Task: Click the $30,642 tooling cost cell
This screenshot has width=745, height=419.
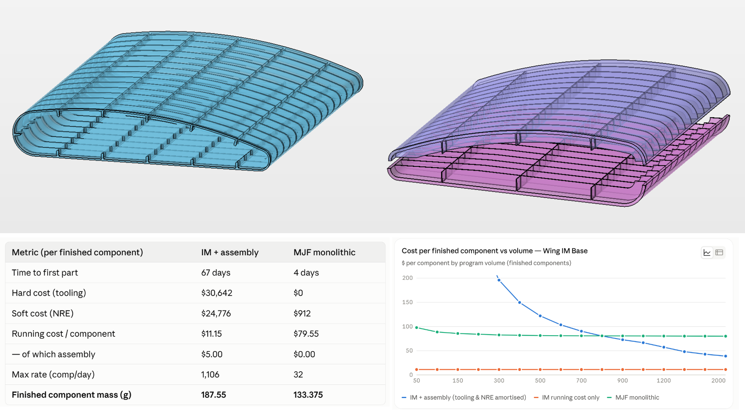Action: tap(217, 293)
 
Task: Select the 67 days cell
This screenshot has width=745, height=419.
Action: tap(216, 273)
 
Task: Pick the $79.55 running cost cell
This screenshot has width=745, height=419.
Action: tap(306, 334)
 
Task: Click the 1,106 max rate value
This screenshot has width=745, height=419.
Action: tap(210, 374)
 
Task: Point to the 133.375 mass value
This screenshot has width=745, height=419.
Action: tap(308, 395)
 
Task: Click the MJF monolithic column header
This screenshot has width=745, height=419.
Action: tap(324, 252)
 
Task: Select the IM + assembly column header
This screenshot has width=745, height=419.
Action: tap(230, 252)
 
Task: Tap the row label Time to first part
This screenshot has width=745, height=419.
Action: tap(45, 273)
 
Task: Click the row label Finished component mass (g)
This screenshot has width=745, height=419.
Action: tap(71, 395)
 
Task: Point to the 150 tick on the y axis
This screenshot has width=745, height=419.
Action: tap(407, 302)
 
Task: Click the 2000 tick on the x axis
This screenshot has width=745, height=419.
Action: tap(718, 381)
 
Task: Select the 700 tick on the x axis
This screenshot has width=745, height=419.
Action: tap(581, 381)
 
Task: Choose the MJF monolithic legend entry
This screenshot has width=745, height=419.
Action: tap(633, 397)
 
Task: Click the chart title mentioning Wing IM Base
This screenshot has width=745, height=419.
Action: tap(494, 251)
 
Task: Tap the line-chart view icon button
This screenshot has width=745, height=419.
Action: tap(707, 253)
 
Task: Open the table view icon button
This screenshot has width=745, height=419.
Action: tap(719, 253)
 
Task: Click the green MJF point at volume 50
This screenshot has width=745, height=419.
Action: tap(417, 328)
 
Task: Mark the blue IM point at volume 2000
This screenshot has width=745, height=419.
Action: tap(726, 356)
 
